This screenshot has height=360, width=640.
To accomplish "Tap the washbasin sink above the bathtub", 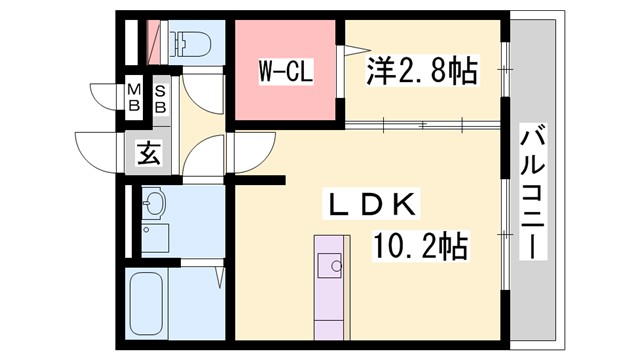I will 153,206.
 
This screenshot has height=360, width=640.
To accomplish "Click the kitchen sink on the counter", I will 329,266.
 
